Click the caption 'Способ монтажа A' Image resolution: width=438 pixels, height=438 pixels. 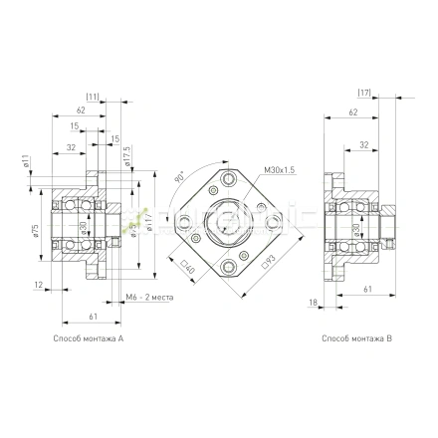coord(90,339)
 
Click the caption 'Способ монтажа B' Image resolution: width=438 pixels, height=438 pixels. coord(357,339)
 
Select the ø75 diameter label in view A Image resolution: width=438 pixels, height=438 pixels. coord(35,230)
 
